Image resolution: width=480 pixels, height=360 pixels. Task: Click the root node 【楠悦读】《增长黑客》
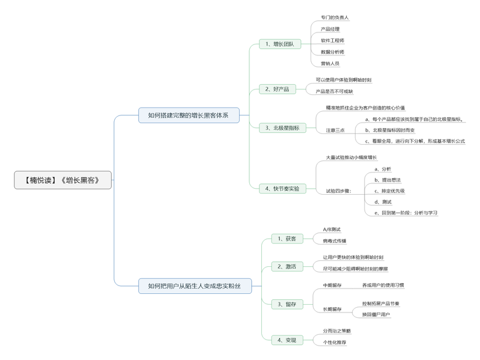coord(63,180)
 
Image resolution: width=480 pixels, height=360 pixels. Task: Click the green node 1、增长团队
coord(280,44)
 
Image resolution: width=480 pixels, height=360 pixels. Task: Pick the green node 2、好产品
coord(277,89)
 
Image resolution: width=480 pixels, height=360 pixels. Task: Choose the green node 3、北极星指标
coord(282,127)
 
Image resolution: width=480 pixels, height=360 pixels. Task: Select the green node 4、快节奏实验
coord(282,188)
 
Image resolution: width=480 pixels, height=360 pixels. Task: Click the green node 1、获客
coord(287,239)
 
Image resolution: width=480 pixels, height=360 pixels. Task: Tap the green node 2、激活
coord(287,266)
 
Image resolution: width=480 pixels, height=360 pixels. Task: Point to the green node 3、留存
coord(287,304)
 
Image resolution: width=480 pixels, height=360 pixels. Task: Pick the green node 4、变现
coord(287,340)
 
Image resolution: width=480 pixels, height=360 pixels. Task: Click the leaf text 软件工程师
coord(332,40)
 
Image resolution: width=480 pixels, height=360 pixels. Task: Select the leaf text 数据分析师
coord(332,52)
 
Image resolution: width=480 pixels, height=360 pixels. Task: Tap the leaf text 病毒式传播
coord(335,240)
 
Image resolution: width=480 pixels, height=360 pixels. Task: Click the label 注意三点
coord(335,130)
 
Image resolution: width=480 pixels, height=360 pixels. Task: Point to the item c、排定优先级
coord(389,191)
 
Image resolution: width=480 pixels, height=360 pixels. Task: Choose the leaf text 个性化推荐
coord(335,342)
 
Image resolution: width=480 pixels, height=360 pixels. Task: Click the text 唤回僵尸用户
coord(376,314)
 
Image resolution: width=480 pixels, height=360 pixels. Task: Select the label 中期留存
coord(332,285)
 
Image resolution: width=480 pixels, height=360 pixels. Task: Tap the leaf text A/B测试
coord(332,229)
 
